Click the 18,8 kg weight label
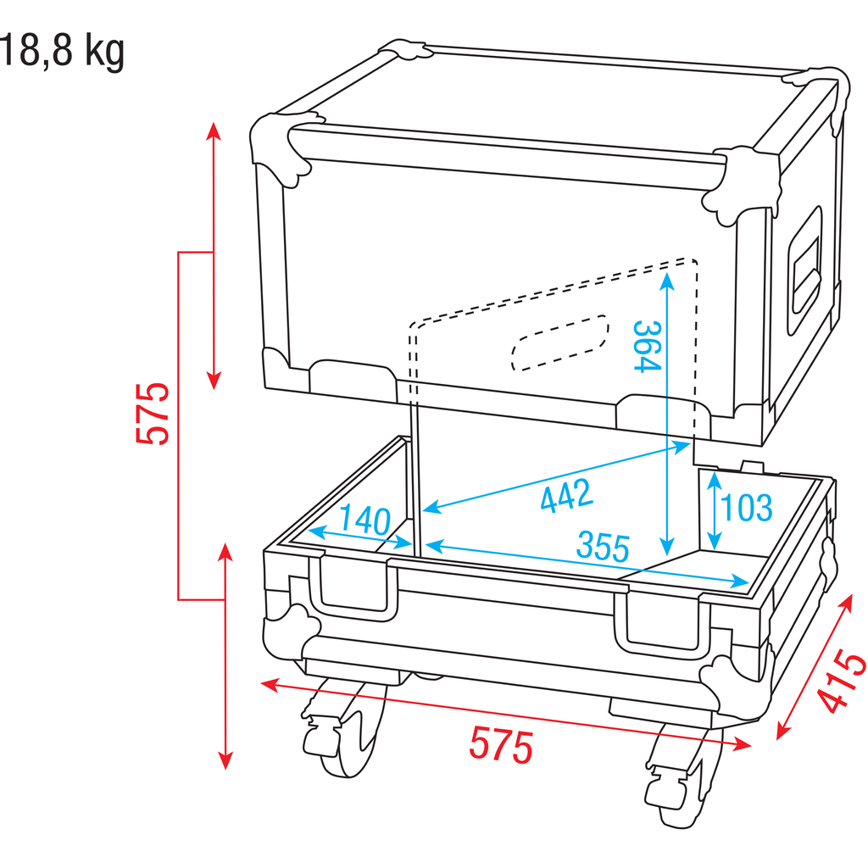(x=62, y=52)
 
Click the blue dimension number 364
(x=647, y=347)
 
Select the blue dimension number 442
(x=566, y=496)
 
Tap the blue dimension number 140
(x=364, y=520)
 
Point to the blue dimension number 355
(x=603, y=547)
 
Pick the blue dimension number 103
(x=746, y=507)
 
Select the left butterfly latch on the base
(x=353, y=589)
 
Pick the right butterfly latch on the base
(x=662, y=621)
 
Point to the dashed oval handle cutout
(x=559, y=342)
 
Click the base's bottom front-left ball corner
(x=291, y=631)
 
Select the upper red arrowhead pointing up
(x=214, y=131)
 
